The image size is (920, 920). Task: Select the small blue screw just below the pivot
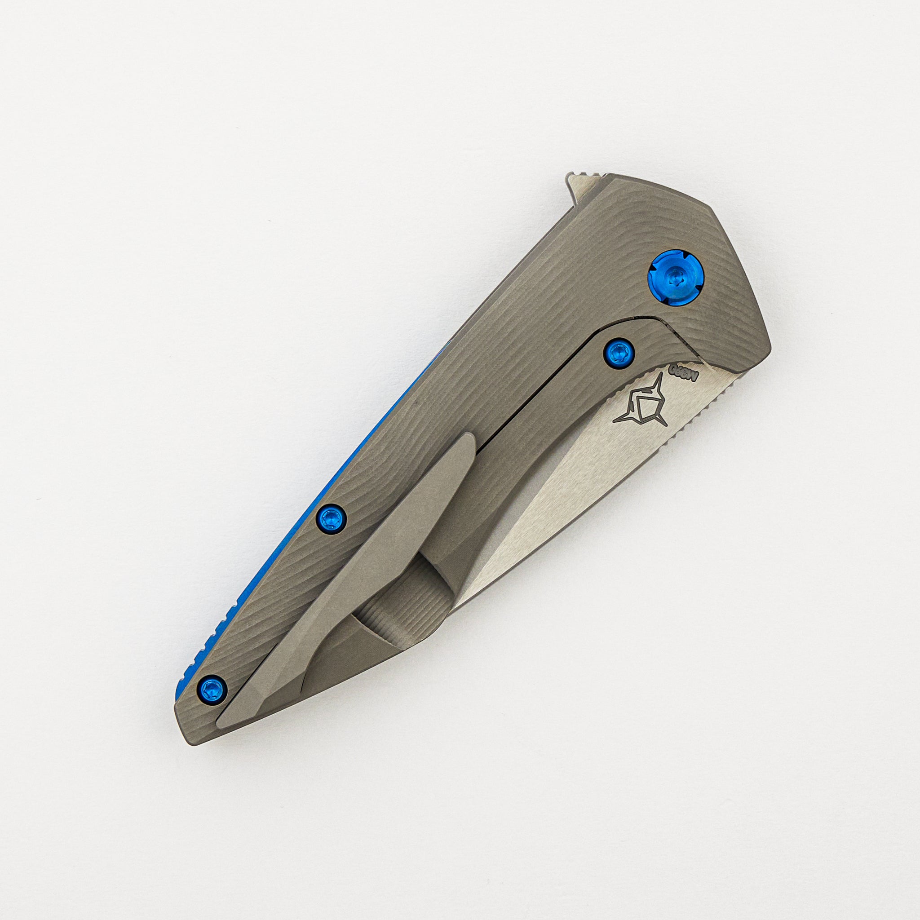pos(618,353)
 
